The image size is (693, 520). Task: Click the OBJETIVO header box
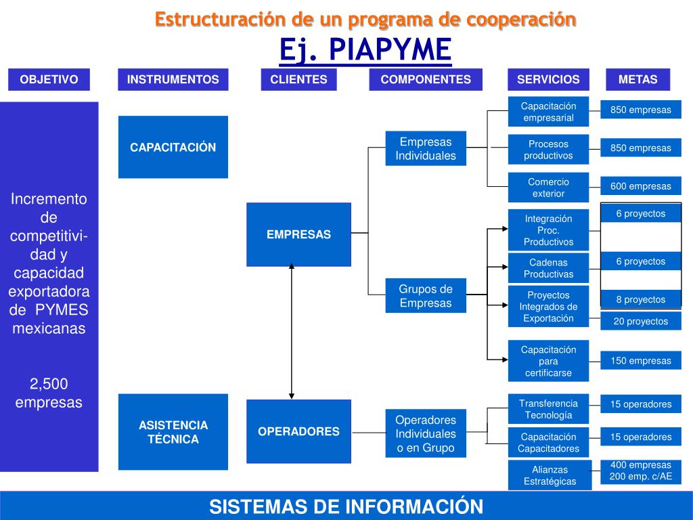click(x=49, y=79)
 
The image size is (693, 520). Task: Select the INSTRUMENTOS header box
click(x=173, y=79)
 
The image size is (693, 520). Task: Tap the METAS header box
click(x=638, y=79)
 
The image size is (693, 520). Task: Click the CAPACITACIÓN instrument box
click(x=173, y=147)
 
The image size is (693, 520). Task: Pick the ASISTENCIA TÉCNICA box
click(x=173, y=432)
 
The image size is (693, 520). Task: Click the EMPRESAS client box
click(x=298, y=234)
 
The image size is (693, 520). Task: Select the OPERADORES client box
click(x=298, y=431)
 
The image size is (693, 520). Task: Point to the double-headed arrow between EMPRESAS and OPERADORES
click(x=292, y=332)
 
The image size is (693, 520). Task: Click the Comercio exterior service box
click(x=548, y=188)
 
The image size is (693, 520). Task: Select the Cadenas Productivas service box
click(x=548, y=268)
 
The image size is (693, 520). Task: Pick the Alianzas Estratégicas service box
click(x=550, y=475)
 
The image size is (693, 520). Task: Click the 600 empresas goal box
click(x=640, y=186)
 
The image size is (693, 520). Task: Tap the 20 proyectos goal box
click(x=640, y=322)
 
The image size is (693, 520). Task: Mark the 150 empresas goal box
click(x=640, y=361)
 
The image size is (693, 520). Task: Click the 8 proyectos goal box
click(x=640, y=299)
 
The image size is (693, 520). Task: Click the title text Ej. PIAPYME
click(x=365, y=49)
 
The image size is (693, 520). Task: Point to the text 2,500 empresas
click(x=49, y=393)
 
